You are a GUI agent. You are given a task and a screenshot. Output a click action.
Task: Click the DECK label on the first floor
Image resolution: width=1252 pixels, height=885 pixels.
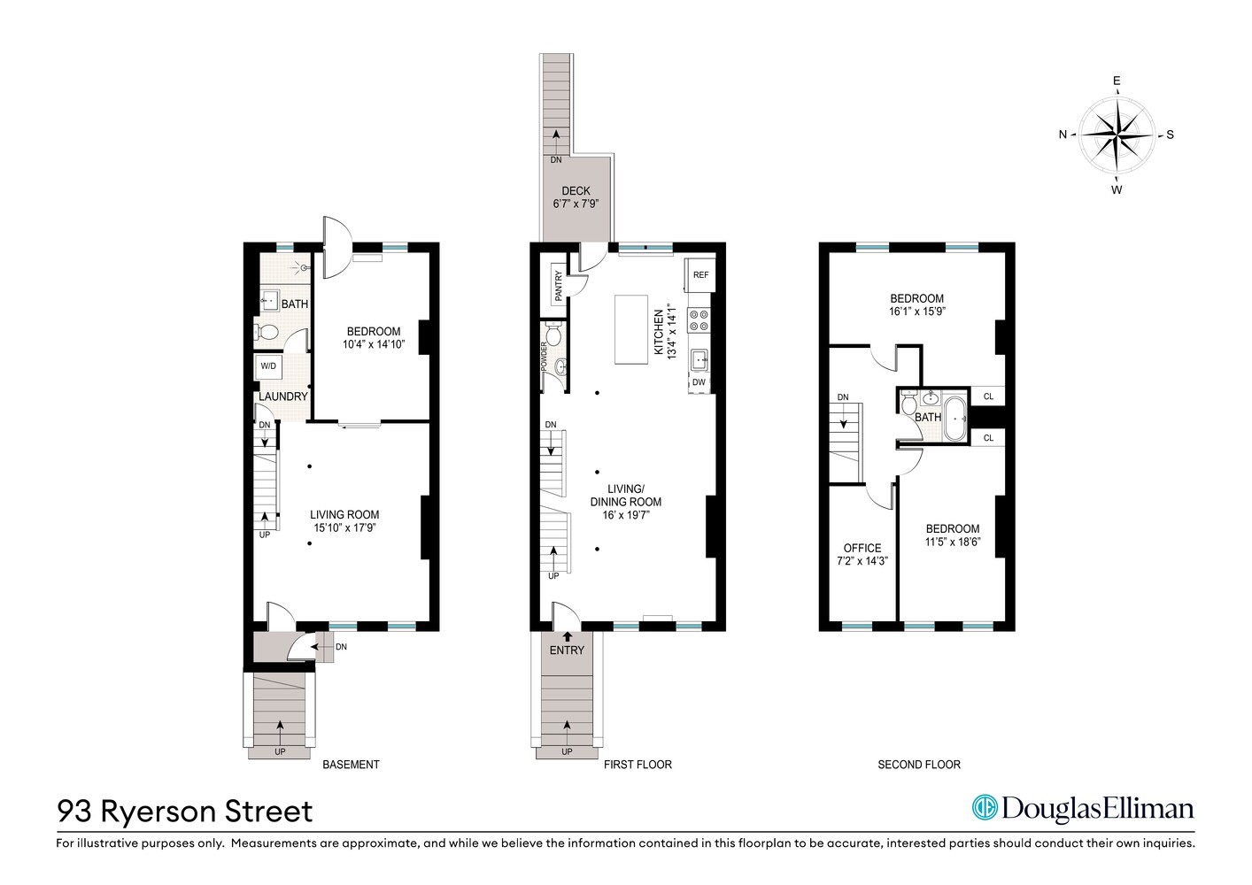pos(576,190)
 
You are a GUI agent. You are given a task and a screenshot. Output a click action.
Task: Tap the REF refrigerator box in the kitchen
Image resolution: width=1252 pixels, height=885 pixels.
pos(700,274)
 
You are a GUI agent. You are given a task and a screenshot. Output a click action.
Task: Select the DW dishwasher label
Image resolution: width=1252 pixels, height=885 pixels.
pos(699,382)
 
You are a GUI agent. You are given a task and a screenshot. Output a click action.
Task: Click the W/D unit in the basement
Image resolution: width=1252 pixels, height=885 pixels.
pos(267,366)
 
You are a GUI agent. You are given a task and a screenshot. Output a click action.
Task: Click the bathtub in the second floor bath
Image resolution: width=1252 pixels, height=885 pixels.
pos(955,419)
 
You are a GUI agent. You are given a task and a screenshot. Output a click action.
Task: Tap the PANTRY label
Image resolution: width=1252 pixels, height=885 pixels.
pos(559,287)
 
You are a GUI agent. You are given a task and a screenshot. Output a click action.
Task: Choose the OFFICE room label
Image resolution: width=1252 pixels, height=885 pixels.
pos(862,548)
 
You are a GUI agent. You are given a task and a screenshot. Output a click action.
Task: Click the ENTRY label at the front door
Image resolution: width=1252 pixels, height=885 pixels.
pos(567,650)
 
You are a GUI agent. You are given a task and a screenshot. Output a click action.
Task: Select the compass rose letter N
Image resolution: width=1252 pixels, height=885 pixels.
pos(1063,135)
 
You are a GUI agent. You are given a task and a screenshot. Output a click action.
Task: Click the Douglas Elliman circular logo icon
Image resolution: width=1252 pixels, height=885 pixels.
pos(984,808)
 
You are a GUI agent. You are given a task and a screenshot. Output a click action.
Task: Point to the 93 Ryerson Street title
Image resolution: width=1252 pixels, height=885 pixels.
pos(185,812)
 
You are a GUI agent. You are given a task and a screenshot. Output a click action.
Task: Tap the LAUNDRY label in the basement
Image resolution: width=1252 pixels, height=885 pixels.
pos(283,396)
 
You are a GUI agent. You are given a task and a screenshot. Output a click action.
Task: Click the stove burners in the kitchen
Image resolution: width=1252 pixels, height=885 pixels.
pos(699,319)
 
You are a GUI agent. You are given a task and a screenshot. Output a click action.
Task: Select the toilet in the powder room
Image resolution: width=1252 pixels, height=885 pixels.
pos(554,335)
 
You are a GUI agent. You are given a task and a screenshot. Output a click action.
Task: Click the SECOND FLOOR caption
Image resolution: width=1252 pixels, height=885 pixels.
pos(918,765)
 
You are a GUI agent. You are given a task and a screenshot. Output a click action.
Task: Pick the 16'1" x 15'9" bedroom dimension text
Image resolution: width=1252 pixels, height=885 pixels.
pos(916,312)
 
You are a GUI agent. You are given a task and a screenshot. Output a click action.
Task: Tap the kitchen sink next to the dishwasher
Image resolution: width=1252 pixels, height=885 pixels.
pos(699,359)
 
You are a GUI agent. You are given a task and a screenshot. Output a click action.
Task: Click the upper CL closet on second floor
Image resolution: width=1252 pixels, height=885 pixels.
pos(988,396)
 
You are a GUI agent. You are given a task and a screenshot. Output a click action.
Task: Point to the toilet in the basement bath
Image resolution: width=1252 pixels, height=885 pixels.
pos(267,333)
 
